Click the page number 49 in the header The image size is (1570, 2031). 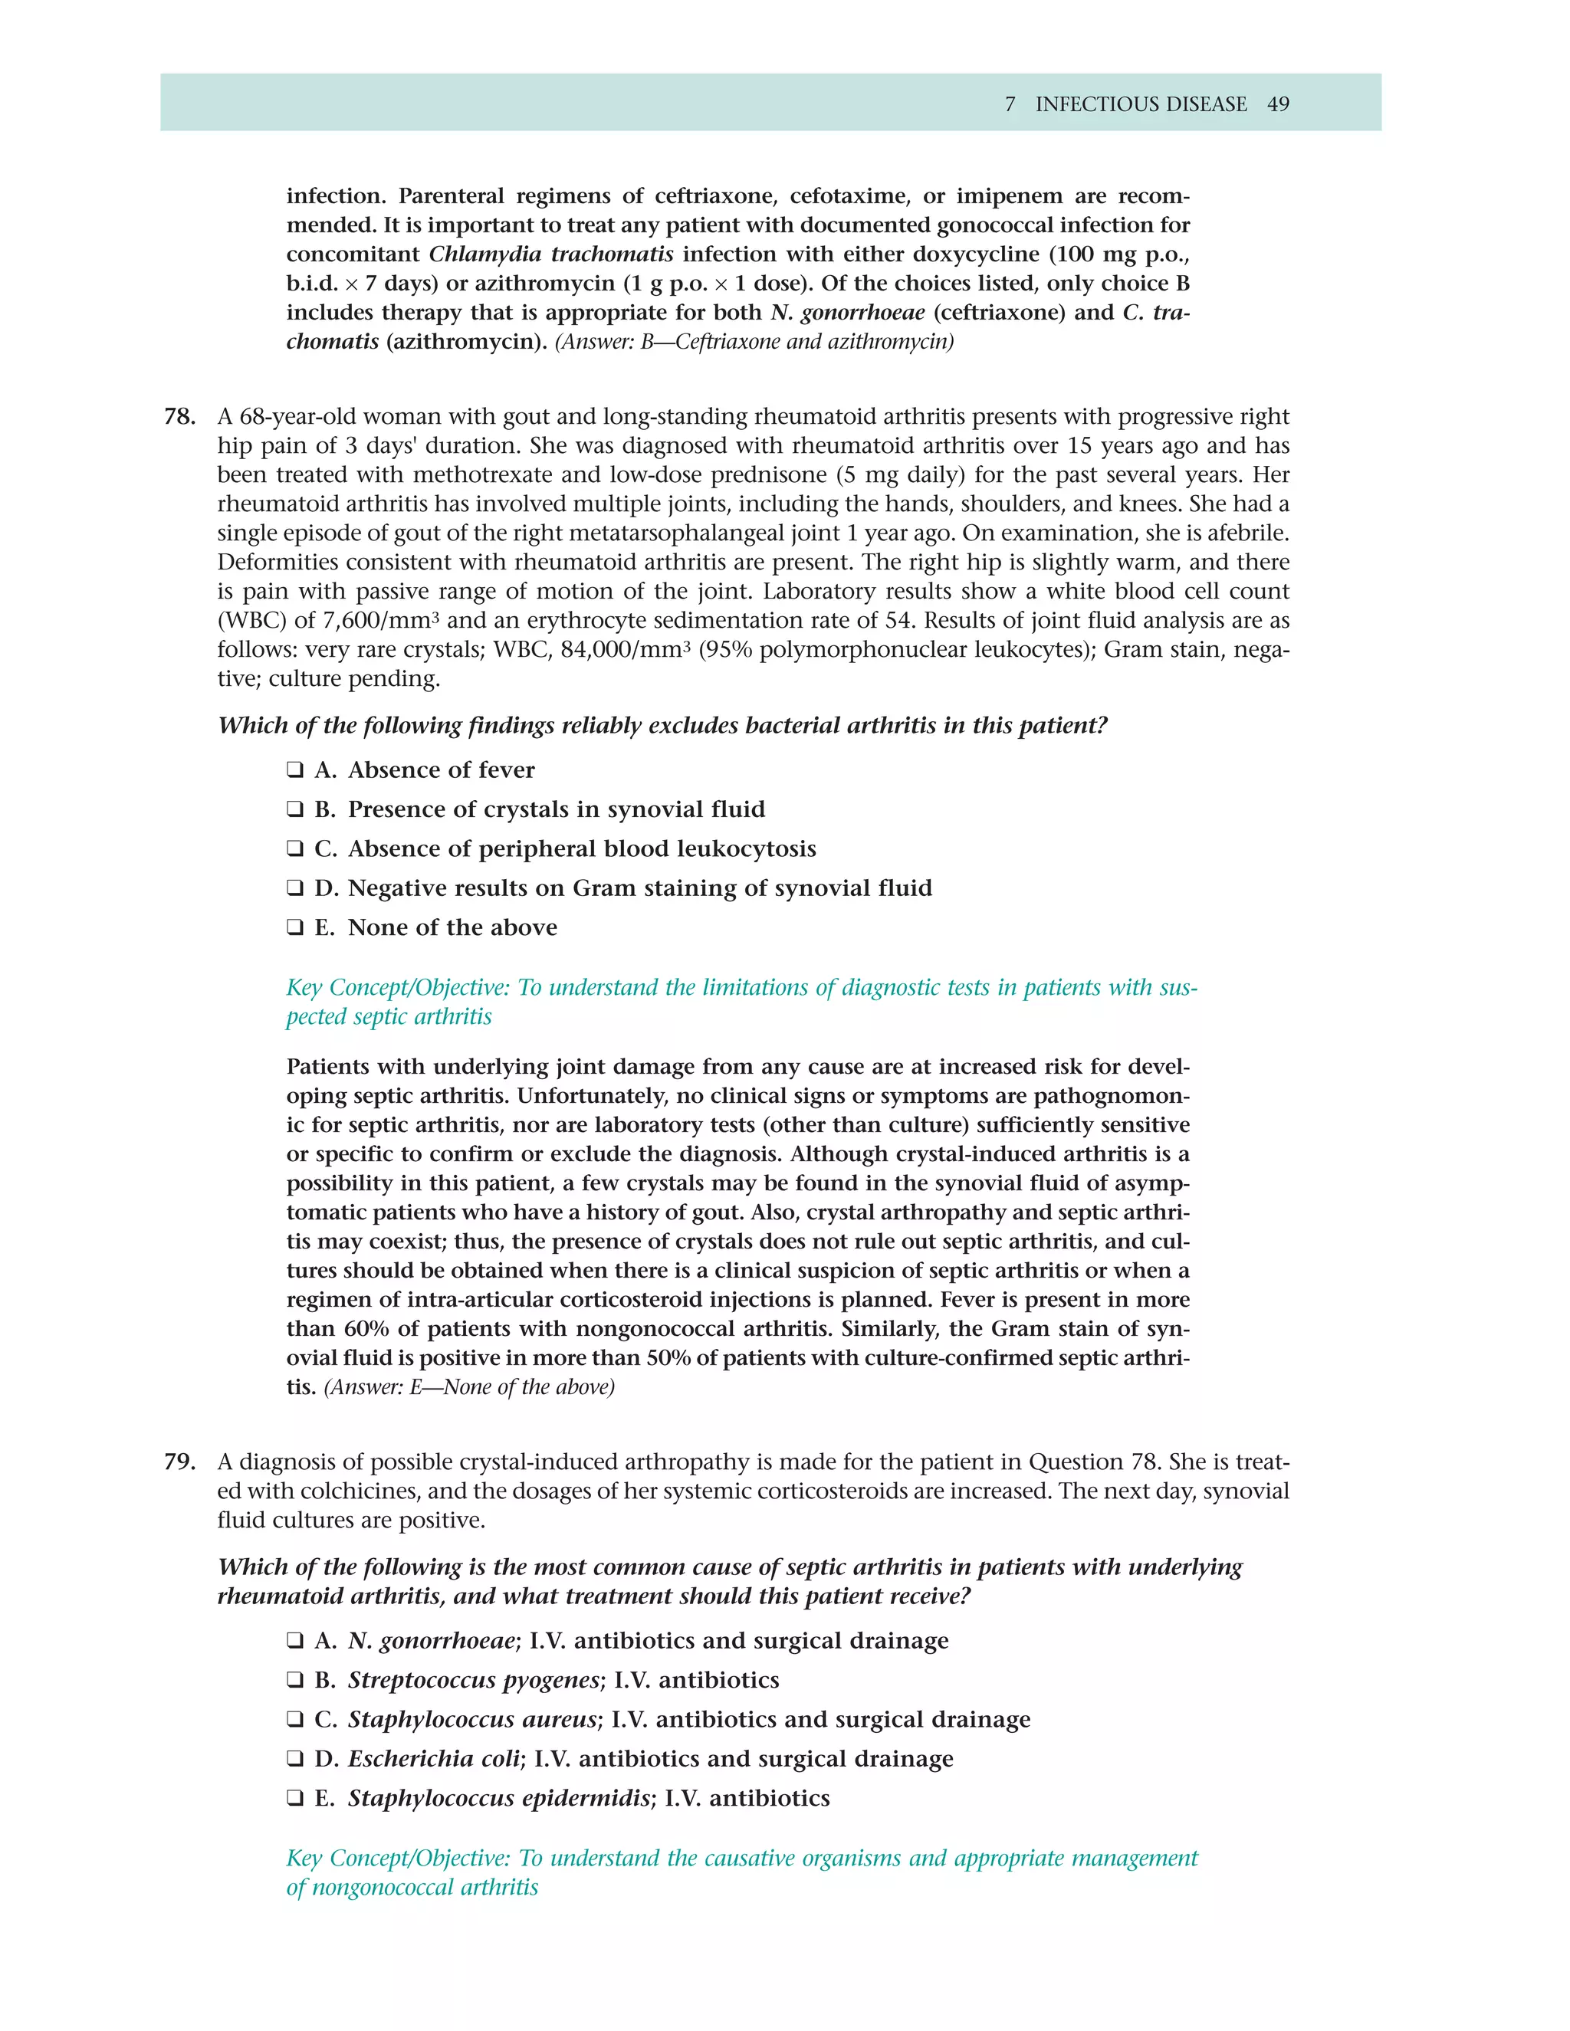(x=1277, y=104)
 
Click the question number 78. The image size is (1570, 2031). (x=179, y=417)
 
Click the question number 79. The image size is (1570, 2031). (x=179, y=1462)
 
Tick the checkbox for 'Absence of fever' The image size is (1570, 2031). (x=295, y=770)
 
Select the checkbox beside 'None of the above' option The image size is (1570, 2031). (x=295, y=928)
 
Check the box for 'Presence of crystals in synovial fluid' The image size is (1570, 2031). (x=295, y=810)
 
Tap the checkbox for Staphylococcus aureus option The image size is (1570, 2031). (x=295, y=1720)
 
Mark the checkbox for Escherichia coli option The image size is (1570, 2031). (x=295, y=1760)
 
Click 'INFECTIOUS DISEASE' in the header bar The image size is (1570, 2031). (x=1140, y=104)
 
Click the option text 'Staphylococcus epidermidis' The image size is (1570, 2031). (x=498, y=1799)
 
